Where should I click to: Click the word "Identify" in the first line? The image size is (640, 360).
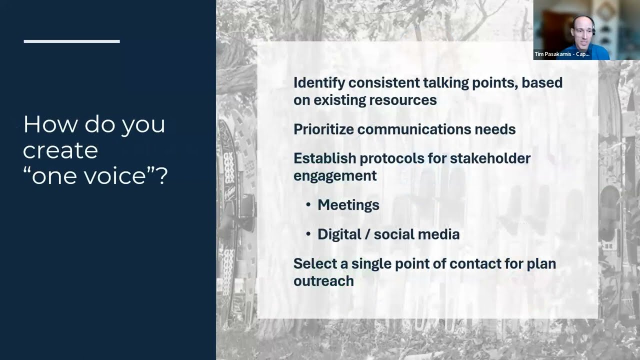(318, 82)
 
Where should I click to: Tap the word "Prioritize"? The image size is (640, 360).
(323, 129)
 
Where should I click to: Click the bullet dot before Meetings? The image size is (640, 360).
(308, 205)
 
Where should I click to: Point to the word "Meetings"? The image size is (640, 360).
(348, 205)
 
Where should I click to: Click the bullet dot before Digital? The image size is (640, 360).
(308, 234)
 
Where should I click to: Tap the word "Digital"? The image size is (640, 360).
(338, 234)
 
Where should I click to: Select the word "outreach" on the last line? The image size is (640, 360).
(323, 281)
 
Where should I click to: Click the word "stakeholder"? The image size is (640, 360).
(490, 158)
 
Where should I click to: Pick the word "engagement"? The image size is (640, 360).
(334, 176)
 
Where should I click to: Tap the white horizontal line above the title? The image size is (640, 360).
(71, 41)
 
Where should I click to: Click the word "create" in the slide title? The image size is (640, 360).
(60, 150)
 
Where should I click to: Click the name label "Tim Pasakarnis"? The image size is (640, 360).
(553, 54)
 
